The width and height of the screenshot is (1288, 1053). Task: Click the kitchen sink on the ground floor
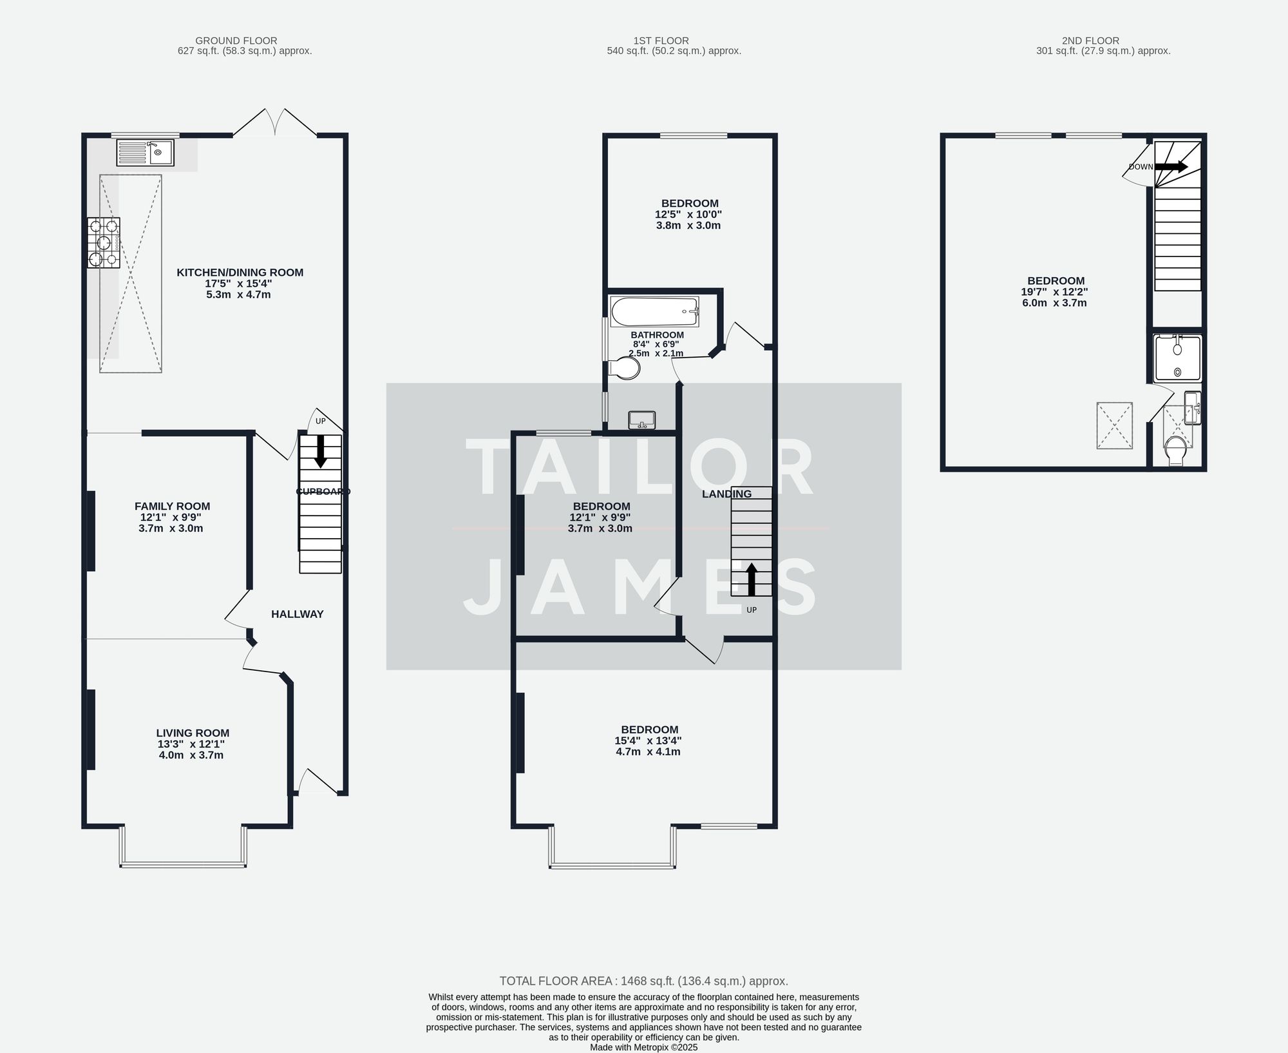(x=145, y=153)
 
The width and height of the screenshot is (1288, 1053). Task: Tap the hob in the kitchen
(x=104, y=243)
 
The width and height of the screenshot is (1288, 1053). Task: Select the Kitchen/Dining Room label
(x=240, y=273)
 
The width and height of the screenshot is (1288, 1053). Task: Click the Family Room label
(x=172, y=507)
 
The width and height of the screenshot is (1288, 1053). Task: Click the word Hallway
(x=297, y=614)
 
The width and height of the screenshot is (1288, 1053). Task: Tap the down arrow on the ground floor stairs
(x=320, y=452)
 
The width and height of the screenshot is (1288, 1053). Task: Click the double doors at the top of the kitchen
(x=275, y=122)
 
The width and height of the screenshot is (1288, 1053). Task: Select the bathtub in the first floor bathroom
(x=654, y=312)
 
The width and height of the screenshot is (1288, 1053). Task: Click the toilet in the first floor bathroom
(x=625, y=369)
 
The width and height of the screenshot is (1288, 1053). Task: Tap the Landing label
(x=726, y=494)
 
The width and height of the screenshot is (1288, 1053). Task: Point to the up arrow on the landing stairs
(x=751, y=579)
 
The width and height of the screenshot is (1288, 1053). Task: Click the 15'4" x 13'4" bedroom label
(x=647, y=741)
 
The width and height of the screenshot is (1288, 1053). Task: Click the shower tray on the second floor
(x=1177, y=358)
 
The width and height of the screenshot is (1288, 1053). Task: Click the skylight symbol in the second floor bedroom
(x=1114, y=425)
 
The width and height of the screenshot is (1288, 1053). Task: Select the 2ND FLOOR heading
(x=1090, y=41)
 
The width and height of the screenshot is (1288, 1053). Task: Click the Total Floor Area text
(x=643, y=981)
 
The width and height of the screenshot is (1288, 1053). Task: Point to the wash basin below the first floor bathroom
(x=641, y=420)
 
